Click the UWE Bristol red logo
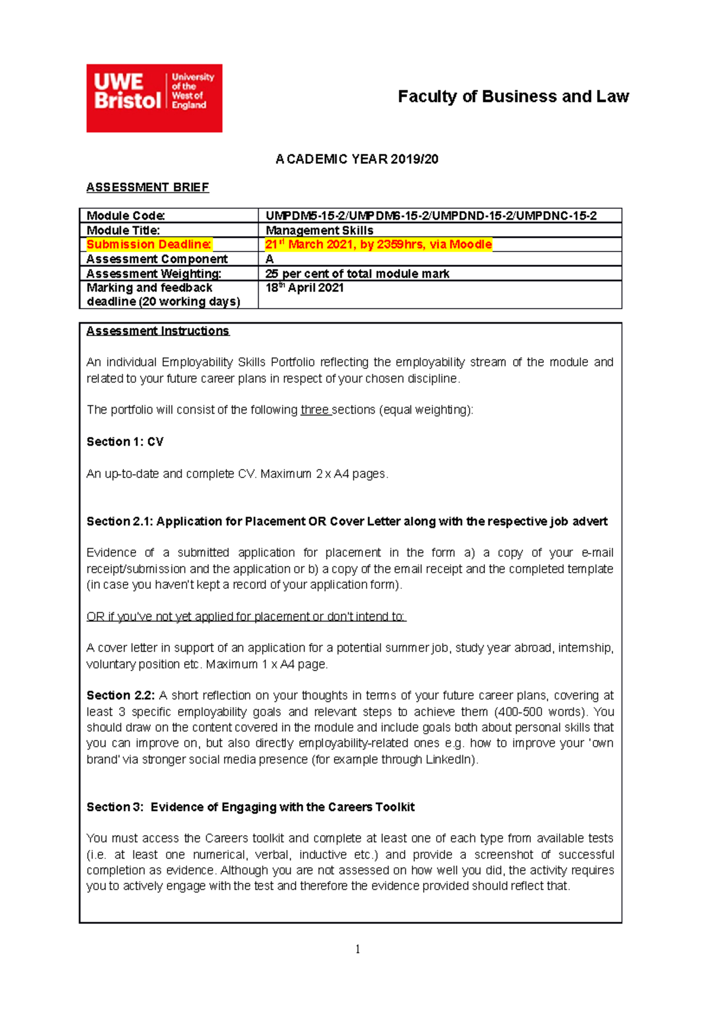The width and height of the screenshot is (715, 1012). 154,98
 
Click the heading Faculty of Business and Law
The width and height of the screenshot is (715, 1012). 513,97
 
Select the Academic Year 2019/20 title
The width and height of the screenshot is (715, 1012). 357,159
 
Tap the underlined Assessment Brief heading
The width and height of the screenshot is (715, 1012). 147,187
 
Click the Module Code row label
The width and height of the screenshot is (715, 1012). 126,216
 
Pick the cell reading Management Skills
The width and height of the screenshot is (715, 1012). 319,230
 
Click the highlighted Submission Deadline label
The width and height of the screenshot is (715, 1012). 149,244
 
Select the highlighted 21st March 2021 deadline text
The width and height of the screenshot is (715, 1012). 378,244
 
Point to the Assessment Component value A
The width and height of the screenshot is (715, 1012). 269,259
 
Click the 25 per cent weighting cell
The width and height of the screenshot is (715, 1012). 357,274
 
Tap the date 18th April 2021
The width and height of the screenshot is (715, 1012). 304,288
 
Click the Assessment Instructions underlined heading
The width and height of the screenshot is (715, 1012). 157,331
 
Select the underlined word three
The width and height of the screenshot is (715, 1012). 315,410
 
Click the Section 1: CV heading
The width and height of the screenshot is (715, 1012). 125,442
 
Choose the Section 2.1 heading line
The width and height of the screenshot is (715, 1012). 347,521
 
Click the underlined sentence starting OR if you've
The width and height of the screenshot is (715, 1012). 245,616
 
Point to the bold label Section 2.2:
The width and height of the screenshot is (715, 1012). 120,696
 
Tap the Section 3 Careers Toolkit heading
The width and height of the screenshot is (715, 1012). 250,807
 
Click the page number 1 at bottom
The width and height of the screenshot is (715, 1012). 357,949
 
